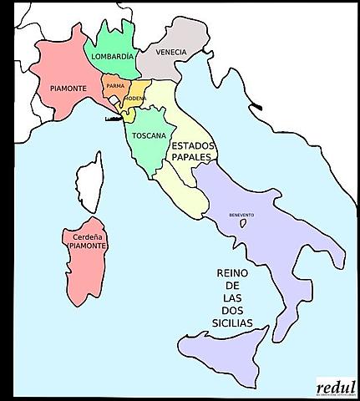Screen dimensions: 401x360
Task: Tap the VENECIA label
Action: [170, 52]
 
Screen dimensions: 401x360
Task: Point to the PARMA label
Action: [116, 85]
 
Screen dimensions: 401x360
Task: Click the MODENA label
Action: [135, 99]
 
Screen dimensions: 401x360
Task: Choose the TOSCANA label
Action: [148, 135]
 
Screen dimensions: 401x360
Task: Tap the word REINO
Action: [231, 273]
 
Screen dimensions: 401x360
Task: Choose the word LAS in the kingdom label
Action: [231, 297]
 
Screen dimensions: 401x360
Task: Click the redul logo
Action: [336, 386]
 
